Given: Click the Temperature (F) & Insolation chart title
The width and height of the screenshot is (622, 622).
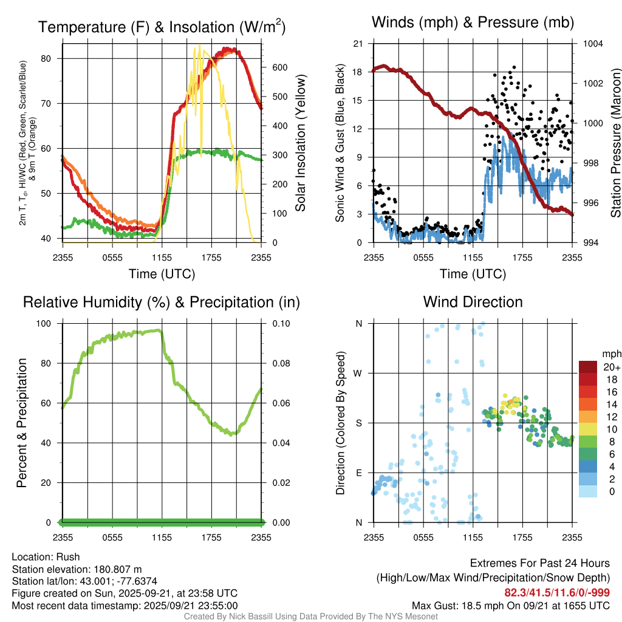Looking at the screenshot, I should point(162,27).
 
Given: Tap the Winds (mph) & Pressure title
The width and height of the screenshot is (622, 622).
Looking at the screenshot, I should point(473,23).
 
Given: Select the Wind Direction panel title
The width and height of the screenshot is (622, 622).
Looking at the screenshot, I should point(473,302).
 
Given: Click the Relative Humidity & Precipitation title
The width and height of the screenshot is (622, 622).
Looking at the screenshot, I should point(162,302).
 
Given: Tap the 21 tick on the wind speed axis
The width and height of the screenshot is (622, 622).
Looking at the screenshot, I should point(357,44).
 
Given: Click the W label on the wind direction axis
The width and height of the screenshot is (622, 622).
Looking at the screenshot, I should point(358,373).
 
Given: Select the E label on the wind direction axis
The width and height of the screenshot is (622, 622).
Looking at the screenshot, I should point(359,473).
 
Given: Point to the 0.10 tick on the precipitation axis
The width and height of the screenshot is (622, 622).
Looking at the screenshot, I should point(276,323).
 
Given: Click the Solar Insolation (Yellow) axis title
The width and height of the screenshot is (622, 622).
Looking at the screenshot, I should point(301,143).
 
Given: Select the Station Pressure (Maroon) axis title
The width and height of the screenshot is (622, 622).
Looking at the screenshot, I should point(615,143).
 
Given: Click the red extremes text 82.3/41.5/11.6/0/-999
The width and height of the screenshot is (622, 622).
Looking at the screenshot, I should point(556,592).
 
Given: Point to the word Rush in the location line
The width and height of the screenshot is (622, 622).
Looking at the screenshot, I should point(68,557).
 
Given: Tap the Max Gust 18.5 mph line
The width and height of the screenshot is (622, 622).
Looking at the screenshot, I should point(510,605).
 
